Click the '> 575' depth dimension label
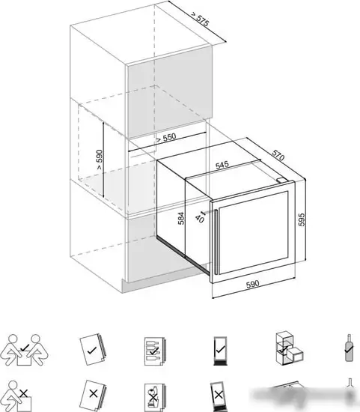tap(201, 19)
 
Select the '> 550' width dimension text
tap(166, 138)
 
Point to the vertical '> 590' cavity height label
tap(100, 160)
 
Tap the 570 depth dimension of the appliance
tap(278, 155)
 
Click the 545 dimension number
tap(222, 165)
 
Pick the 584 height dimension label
tap(181, 218)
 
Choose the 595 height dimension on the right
tap(302, 219)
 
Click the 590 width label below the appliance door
tap(253, 285)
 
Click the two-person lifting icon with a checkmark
tap(24, 350)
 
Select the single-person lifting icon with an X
tap(19, 396)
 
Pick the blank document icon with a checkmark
tap(92, 350)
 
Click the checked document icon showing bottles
tap(154, 351)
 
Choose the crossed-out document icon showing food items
tap(154, 395)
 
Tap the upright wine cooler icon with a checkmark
tap(220, 351)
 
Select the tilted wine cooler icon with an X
tap(219, 396)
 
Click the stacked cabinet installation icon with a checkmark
tap(290, 348)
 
